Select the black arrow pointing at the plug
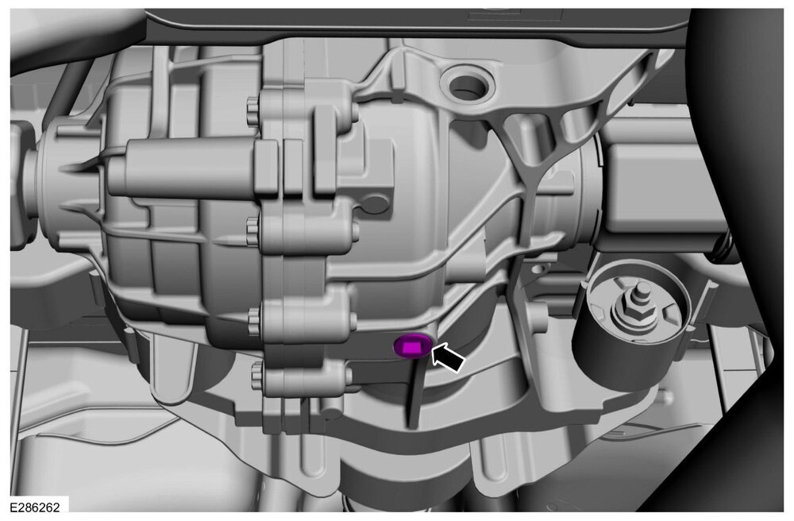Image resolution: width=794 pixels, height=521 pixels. (448, 357)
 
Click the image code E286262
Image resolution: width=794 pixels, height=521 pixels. (34, 507)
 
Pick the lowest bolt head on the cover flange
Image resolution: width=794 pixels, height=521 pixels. (257, 376)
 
